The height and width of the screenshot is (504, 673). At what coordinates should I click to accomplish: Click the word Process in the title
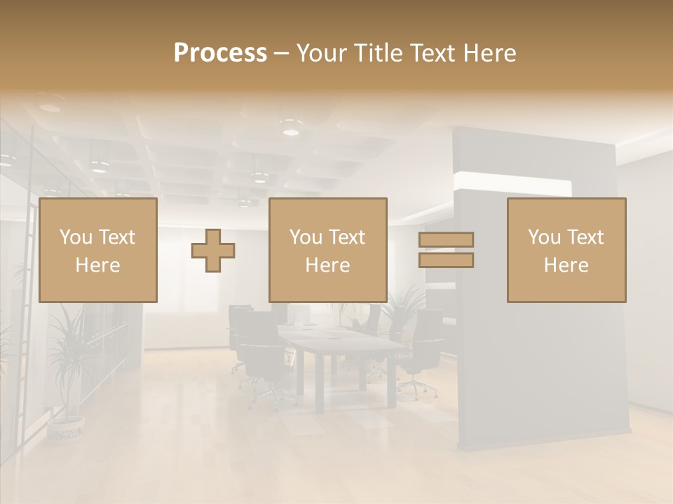220,53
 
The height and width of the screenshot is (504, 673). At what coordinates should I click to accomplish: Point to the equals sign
446,250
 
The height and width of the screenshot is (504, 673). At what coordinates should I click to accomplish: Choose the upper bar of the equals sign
446,240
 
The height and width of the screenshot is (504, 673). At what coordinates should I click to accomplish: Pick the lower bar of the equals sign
446,260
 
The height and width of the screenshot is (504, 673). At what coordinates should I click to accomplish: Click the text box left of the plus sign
98,250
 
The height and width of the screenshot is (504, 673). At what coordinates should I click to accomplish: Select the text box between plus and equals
328,250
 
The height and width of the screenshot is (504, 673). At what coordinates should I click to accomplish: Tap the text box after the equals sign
566,250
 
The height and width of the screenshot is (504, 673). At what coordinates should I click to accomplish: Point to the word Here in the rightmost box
566,265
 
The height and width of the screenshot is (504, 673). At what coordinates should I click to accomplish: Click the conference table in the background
344,346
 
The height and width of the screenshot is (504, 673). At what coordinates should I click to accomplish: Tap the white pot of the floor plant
66,428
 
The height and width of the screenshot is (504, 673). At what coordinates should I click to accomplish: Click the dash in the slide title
282,53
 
